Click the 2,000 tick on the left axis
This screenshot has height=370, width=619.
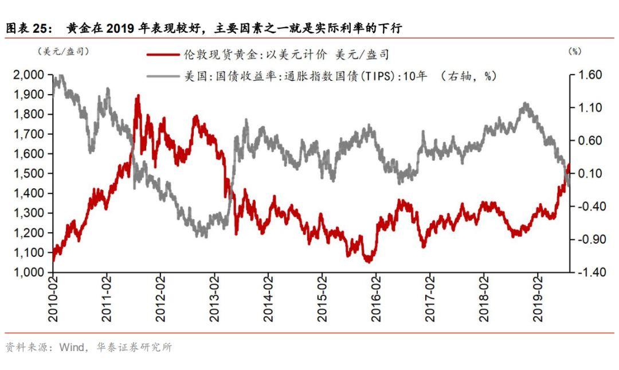(27, 75)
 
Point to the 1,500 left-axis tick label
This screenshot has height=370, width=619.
(27, 173)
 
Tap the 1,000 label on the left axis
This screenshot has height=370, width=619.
(27, 272)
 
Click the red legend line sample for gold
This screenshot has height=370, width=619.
(163, 55)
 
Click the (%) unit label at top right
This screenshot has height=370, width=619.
(574, 52)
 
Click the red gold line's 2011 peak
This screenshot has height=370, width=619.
(138, 96)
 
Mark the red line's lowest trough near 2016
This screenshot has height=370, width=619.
(368, 261)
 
